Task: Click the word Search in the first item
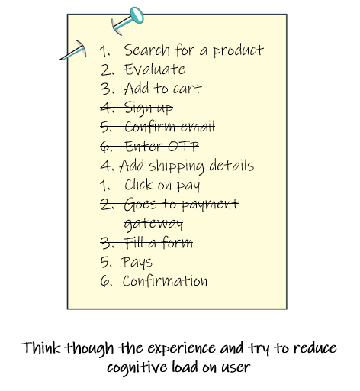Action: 146,50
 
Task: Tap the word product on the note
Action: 238,51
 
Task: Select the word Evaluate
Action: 155,69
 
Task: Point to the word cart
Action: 188,89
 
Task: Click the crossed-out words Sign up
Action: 149,108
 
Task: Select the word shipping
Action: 176,166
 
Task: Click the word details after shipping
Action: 231,165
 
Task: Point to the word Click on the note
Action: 140,185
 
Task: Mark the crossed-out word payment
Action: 211,205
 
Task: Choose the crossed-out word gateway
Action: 153,225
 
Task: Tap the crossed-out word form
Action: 178,242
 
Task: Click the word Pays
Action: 137,262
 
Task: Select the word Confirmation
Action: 165,281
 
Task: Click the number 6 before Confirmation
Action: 105,281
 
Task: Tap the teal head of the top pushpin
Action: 137,15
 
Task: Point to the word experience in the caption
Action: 182,348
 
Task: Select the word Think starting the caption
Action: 40,347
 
